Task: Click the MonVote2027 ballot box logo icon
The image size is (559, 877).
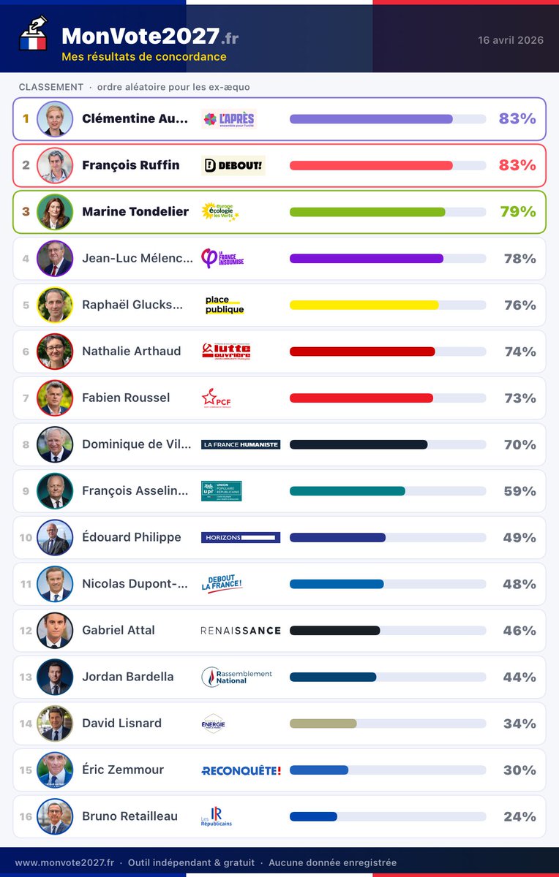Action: click(x=33, y=34)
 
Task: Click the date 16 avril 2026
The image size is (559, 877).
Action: click(x=511, y=40)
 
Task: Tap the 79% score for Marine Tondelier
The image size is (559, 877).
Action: click(x=517, y=212)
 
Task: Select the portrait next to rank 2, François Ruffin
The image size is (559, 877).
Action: click(x=55, y=165)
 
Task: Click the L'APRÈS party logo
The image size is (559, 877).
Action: click(x=229, y=119)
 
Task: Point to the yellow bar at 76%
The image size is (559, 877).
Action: click(x=364, y=305)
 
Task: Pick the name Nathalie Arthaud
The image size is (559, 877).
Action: click(x=131, y=352)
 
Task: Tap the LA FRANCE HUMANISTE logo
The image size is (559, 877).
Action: click(x=241, y=444)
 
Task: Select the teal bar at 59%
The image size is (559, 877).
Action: click(x=347, y=491)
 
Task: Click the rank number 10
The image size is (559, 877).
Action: click(x=26, y=538)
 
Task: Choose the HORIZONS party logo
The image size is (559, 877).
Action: click(x=241, y=537)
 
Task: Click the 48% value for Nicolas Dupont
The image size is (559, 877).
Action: click(x=519, y=584)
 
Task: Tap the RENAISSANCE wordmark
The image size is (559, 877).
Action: click(x=241, y=630)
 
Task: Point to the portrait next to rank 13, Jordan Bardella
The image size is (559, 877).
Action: click(x=55, y=677)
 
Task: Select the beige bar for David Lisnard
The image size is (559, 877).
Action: click(x=323, y=724)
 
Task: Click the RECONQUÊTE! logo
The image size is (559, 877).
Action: click(x=241, y=770)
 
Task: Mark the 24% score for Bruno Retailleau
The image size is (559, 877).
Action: click(x=519, y=816)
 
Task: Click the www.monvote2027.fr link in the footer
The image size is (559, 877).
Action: click(x=64, y=863)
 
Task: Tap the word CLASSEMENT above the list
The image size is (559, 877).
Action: click(x=51, y=87)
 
